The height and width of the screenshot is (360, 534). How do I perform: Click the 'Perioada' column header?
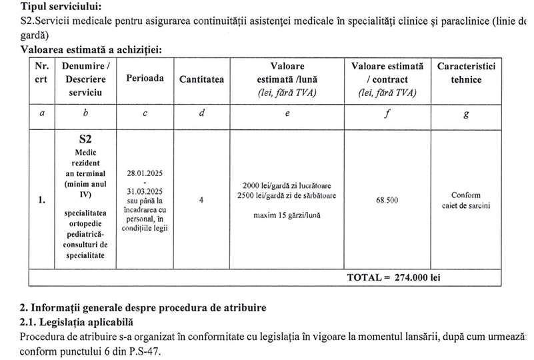[x=145, y=78]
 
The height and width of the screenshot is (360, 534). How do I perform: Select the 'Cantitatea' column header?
[x=202, y=79]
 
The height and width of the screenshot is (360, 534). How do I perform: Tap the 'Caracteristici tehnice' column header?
[x=466, y=73]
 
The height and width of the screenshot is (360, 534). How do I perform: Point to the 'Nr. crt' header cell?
[x=42, y=73]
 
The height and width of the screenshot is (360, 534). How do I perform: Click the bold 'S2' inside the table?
[x=85, y=140]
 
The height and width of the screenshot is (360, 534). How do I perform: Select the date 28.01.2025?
[x=145, y=173]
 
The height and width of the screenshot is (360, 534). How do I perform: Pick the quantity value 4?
[x=201, y=199]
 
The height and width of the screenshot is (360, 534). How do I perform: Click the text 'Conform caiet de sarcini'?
[x=466, y=200]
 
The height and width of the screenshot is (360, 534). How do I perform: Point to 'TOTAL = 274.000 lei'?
[x=393, y=277]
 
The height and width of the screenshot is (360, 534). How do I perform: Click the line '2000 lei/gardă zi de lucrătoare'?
[x=287, y=185]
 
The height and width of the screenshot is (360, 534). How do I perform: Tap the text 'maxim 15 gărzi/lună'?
[x=287, y=215]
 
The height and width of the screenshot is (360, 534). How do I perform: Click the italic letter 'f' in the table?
[x=387, y=113]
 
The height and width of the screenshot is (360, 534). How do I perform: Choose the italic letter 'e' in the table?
[x=287, y=113]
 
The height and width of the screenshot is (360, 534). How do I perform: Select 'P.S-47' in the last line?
[x=143, y=353]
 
